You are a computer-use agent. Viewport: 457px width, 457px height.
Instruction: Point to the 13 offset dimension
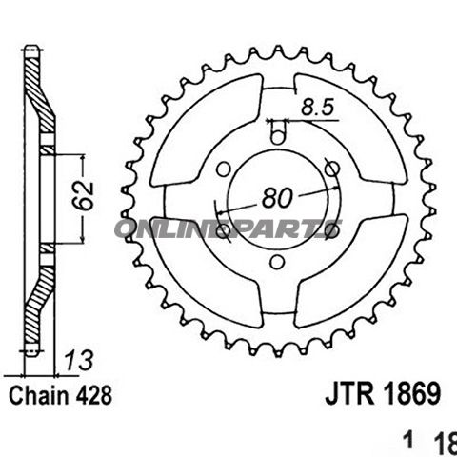[74, 362]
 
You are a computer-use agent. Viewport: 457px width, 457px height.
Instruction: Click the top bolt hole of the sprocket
[276, 136]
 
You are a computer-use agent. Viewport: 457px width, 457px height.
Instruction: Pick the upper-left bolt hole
[223, 169]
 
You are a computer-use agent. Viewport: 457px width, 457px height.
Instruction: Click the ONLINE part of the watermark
[167, 229]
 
